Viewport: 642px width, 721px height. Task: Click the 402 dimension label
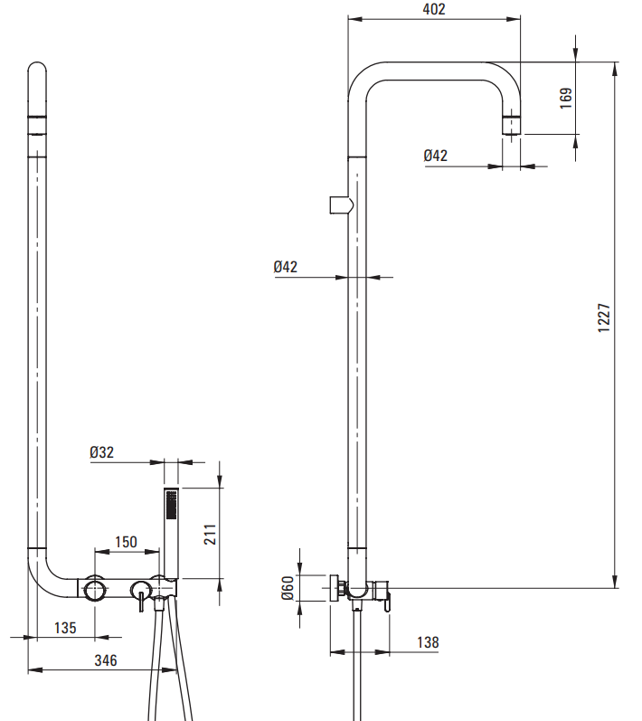433,9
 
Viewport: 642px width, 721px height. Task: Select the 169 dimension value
566,98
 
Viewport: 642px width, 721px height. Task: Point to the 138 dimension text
428,642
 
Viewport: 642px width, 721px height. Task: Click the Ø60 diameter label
288,588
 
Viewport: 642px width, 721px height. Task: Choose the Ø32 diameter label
102,452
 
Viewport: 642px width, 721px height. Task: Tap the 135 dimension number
65,627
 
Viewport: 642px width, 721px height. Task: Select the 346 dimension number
106,660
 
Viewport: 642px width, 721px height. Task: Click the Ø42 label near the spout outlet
435,156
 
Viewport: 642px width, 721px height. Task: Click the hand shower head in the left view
171,507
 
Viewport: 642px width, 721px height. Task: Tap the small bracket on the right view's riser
338,205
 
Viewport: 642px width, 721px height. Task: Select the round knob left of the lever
95,592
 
